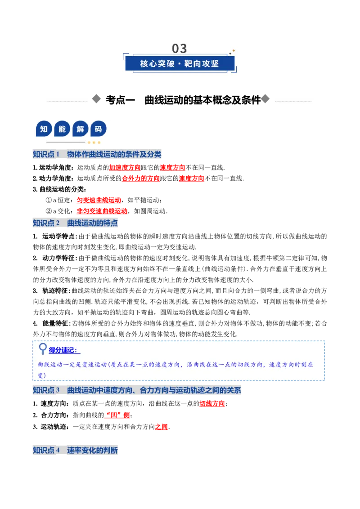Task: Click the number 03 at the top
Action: pyautogui.click(x=180, y=49)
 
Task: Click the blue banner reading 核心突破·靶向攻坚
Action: pyautogui.click(x=180, y=63)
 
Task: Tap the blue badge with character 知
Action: pyautogui.click(x=44, y=129)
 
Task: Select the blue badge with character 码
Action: pyautogui.click(x=98, y=129)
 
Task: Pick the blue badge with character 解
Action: pyautogui.click(x=80, y=129)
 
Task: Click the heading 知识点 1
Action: pyautogui.click(x=46, y=154)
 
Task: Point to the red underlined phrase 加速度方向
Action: pyautogui.click(x=125, y=168)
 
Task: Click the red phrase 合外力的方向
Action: pyautogui.click(x=141, y=179)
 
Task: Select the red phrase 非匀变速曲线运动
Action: pyautogui.click(x=102, y=211)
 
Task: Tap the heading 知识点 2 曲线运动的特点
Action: pyautogui.click(x=76, y=223)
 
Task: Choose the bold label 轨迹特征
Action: pyautogui.click(x=55, y=290)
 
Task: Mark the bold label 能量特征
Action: pyautogui.click(x=55, y=323)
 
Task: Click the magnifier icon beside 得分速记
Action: pyautogui.click(x=43, y=348)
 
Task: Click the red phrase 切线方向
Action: pyautogui.click(x=212, y=403)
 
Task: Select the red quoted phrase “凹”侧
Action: pyautogui.click(x=117, y=415)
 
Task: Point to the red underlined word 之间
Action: pyautogui.click(x=162, y=427)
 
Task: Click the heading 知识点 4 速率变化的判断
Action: pyautogui.click(x=76, y=450)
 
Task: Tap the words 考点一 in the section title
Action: pyautogui.click(x=120, y=100)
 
